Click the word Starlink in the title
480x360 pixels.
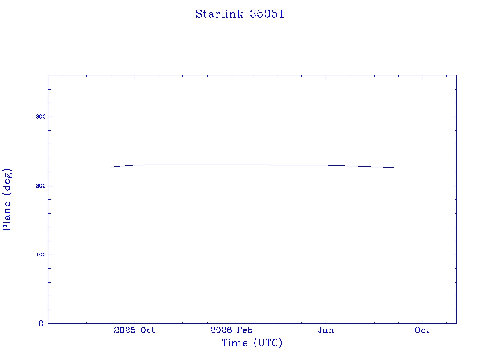(219, 14)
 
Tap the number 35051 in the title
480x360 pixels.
(267, 14)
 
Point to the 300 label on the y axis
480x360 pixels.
(41, 117)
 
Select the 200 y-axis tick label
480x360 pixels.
(41, 186)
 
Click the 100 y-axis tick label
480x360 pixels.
(41, 255)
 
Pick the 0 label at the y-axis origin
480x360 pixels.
(41, 323)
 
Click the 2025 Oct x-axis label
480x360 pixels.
(135, 330)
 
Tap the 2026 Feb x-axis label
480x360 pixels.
(232, 330)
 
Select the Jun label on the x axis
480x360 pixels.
(326, 330)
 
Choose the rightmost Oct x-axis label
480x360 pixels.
(422, 330)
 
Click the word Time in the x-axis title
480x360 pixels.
(235, 343)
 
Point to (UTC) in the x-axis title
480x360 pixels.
(268, 343)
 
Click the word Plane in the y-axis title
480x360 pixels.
(7, 216)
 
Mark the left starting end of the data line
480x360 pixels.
(111, 167)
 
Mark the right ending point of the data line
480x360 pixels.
(394, 167)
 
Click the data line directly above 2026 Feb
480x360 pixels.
(232, 165)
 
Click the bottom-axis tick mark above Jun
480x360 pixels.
(326, 321)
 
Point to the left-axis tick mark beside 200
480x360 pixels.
(50, 186)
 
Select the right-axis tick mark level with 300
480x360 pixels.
(454, 117)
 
